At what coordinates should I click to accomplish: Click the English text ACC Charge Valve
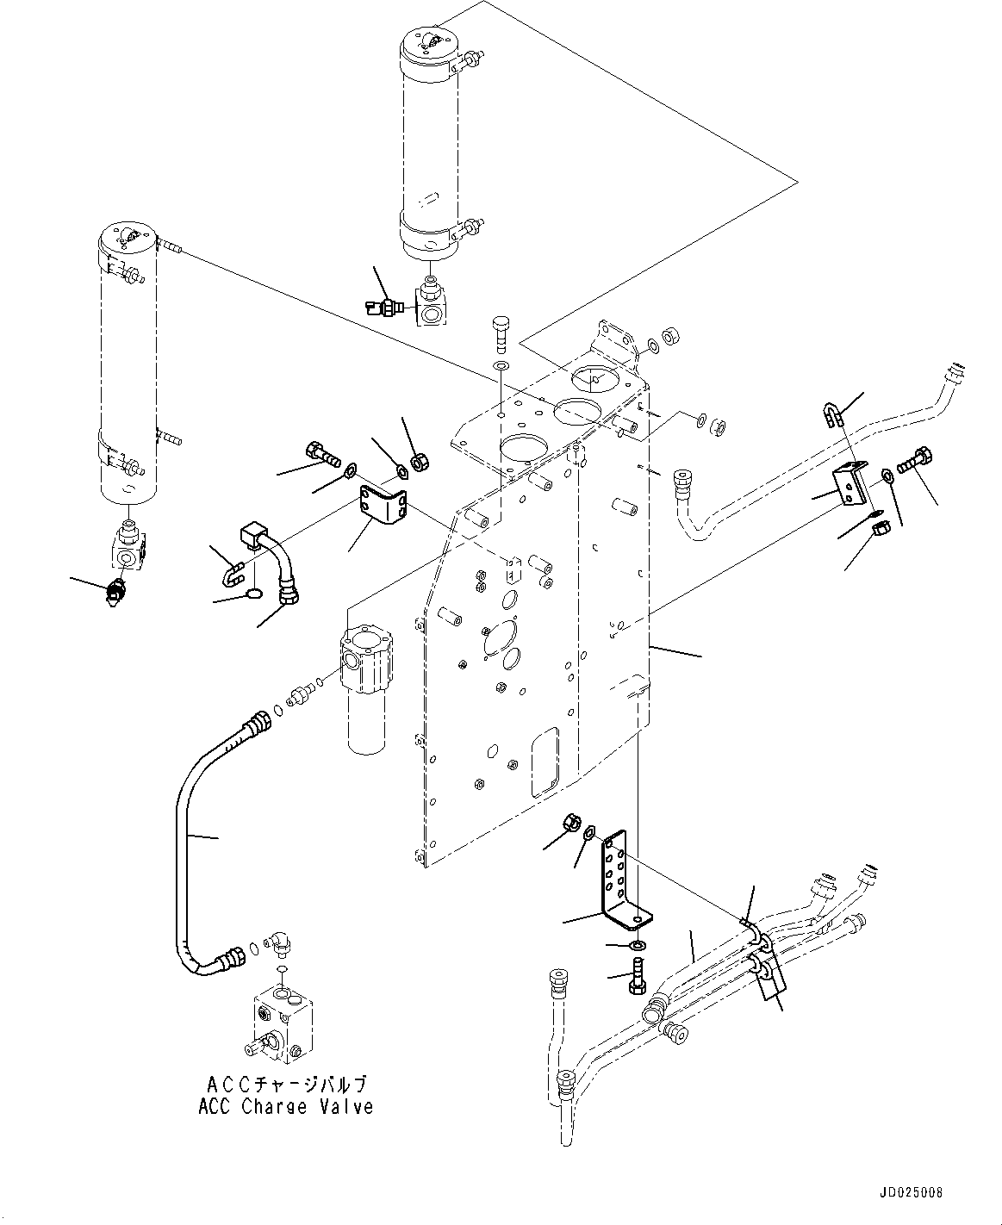(286, 1107)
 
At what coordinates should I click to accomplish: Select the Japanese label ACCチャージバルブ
(286, 1084)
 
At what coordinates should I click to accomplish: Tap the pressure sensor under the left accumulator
(114, 594)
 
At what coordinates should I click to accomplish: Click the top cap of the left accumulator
(127, 237)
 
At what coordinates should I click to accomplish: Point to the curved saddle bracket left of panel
(384, 506)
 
